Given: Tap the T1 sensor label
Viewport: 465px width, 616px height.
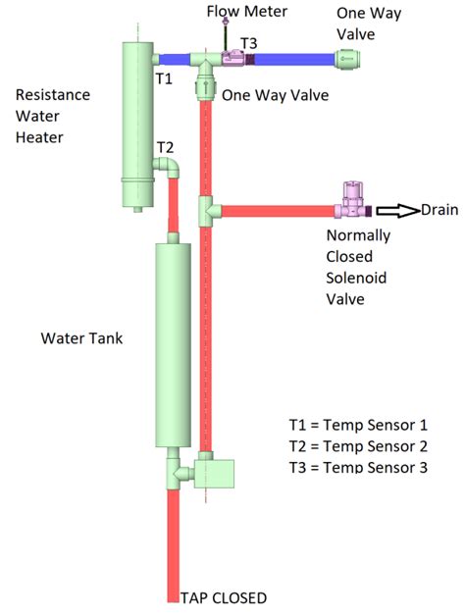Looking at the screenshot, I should [x=164, y=76].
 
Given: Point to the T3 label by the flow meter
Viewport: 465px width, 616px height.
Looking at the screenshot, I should [x=249, y=42].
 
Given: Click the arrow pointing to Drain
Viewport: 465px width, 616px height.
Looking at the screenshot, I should [x=396, y=210].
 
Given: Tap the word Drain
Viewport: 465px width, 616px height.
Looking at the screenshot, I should [x=438, y=210].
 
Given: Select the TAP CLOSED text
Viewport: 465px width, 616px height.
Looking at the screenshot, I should [x=223, y=597].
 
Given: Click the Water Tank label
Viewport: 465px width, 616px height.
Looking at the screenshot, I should [x=81, y=338].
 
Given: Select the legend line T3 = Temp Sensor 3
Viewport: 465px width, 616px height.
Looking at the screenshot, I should [x=357, y=468].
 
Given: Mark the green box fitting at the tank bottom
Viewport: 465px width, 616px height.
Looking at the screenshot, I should [x=218, y=474].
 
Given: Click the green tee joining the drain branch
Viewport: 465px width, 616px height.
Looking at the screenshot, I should [x=206, y=210].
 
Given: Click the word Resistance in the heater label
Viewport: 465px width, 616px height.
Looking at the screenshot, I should [x=52, y=95].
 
